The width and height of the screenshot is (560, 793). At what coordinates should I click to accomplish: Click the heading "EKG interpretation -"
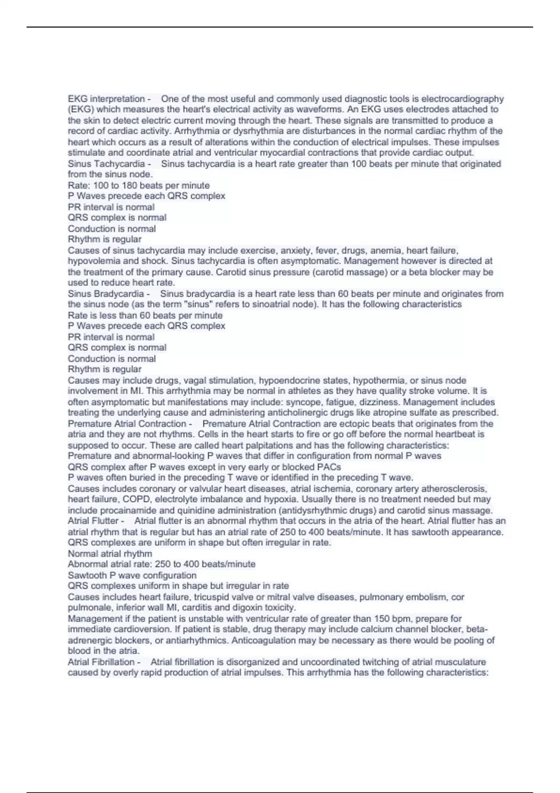click(x=109, y=99)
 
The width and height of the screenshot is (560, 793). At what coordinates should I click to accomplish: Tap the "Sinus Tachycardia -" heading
click(x=109, y=164)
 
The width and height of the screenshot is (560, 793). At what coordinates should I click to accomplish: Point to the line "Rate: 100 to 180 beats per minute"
click(x=139, y=185)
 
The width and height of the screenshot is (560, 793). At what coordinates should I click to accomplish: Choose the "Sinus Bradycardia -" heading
click(x=109, y=294)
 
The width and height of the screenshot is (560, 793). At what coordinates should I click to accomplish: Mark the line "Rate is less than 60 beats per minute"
click(x=145, y=315)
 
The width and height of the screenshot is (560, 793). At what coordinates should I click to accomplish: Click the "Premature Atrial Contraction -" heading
click(x=130, y=424)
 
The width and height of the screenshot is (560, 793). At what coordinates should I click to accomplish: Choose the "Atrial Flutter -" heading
click(x=96, y=521)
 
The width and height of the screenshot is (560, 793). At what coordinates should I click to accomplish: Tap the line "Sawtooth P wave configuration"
click(x=132, y=575)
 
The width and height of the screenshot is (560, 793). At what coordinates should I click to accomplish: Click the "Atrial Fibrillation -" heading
click(x=104, y=662)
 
